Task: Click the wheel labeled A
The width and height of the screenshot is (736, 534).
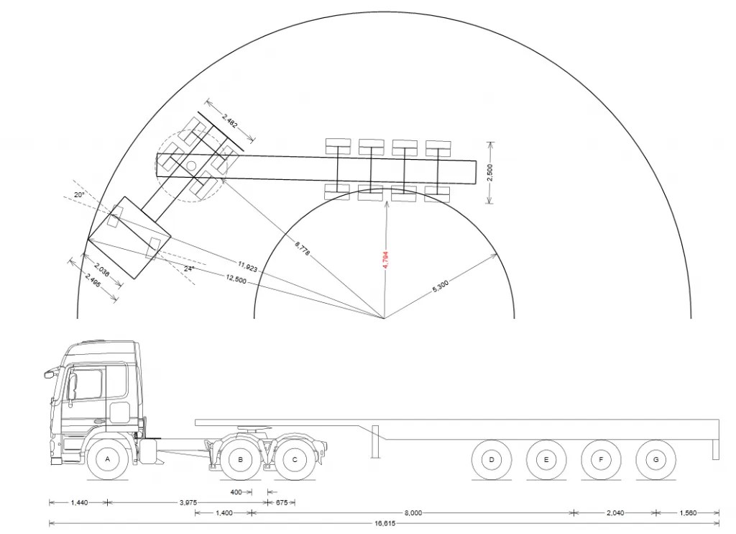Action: [x=108, y=459]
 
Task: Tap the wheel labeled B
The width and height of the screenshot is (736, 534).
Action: [x=240, y=459]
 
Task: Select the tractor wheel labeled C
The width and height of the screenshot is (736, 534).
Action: [x=295, y=459]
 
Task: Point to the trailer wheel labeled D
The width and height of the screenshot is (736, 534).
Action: [x=492, y=460]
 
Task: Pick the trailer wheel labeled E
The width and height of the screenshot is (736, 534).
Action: [x=546, y=460]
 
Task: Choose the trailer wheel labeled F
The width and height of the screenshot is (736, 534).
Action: [x=601, y=460]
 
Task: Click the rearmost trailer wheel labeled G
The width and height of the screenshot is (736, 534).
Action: [x=655, y=460]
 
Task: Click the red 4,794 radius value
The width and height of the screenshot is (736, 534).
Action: [x=386, y=260]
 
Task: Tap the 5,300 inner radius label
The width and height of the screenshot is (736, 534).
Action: [x=440, y=286]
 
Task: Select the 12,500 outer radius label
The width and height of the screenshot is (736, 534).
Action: [x=236, y=279]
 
